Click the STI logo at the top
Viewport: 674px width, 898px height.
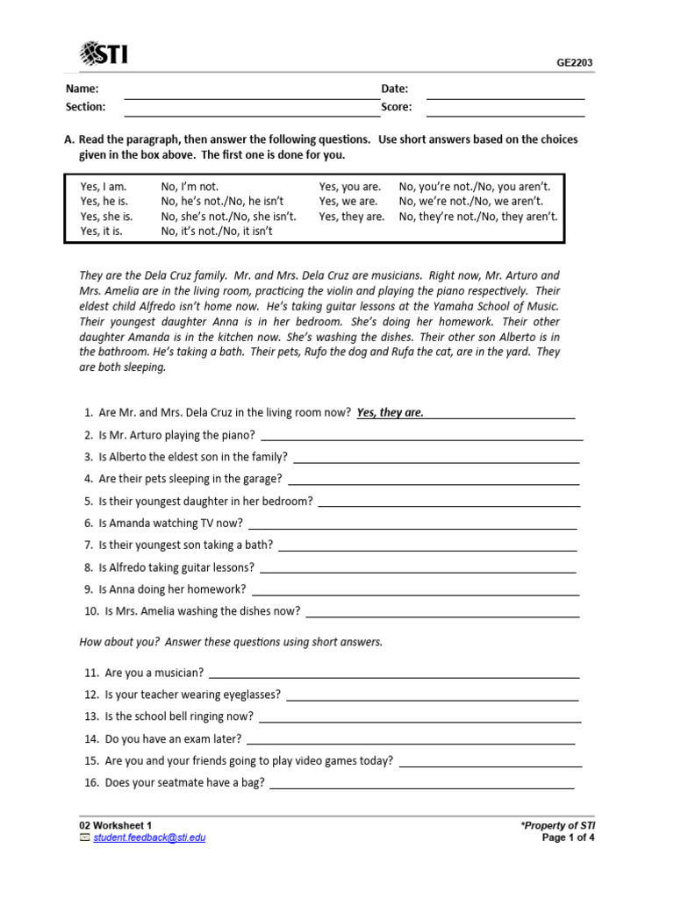(104, 54)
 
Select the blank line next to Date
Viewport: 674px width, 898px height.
(505, 98)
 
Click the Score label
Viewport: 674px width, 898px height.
(397, 107)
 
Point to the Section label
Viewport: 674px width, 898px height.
(85, 107)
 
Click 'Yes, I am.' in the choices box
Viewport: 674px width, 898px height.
(104, 187)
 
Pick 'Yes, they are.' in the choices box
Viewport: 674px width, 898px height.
(351, 217)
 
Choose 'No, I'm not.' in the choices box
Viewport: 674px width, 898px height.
(190, 187)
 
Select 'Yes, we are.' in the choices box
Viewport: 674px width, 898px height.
(348, 202)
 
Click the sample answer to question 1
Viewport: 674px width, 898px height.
(390, 413)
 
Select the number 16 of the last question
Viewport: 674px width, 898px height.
(91, 783)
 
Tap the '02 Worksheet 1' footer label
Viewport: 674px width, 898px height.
(116, 826)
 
